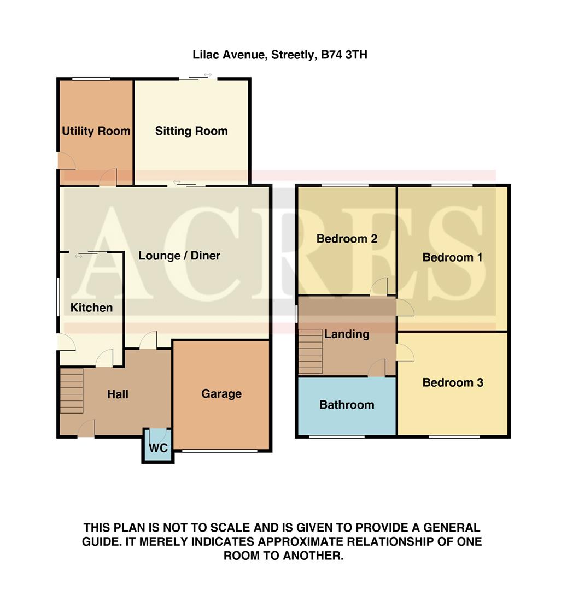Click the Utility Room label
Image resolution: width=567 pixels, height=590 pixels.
coord(96,131)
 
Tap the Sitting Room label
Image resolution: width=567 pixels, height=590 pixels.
coord(191,131)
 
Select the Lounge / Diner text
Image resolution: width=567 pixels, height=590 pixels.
coord(179,255)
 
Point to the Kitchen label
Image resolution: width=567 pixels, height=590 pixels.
coord(91,308)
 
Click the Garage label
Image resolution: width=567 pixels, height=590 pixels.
coord(221,393)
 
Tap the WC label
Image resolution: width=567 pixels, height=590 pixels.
coord(157,448)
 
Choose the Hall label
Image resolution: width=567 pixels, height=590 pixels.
coord(118,393)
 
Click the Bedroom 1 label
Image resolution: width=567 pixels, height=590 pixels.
coord(452,257)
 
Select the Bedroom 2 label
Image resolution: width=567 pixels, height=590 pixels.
coord(347,239)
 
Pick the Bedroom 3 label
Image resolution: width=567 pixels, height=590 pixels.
coord(453,382)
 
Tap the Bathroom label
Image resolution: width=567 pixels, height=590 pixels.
coord(347,405)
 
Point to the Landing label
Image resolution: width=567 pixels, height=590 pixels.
coord(347,334)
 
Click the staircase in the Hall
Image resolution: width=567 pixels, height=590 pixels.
coord(71,391)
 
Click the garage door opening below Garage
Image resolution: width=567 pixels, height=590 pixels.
coord(220,451)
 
